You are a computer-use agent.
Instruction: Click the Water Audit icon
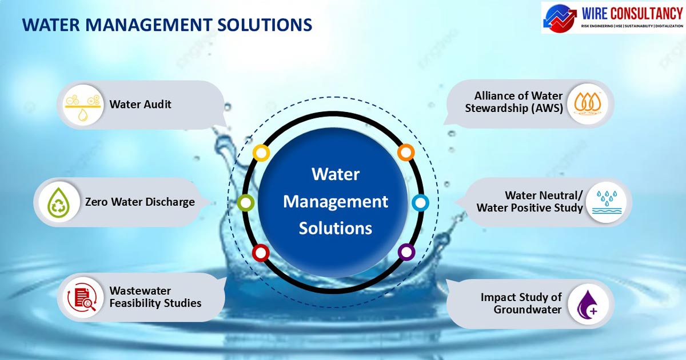83,106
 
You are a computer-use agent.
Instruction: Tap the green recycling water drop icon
59,202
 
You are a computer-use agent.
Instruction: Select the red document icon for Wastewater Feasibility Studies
82,298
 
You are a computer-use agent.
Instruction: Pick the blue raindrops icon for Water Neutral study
607,202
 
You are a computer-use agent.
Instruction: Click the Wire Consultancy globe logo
560,18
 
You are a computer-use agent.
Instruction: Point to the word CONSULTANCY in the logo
646,14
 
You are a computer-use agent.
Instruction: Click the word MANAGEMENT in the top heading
149,25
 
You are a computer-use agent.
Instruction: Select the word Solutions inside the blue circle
336,229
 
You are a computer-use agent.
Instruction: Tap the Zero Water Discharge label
140,202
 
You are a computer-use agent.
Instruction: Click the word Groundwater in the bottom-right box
527,310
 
